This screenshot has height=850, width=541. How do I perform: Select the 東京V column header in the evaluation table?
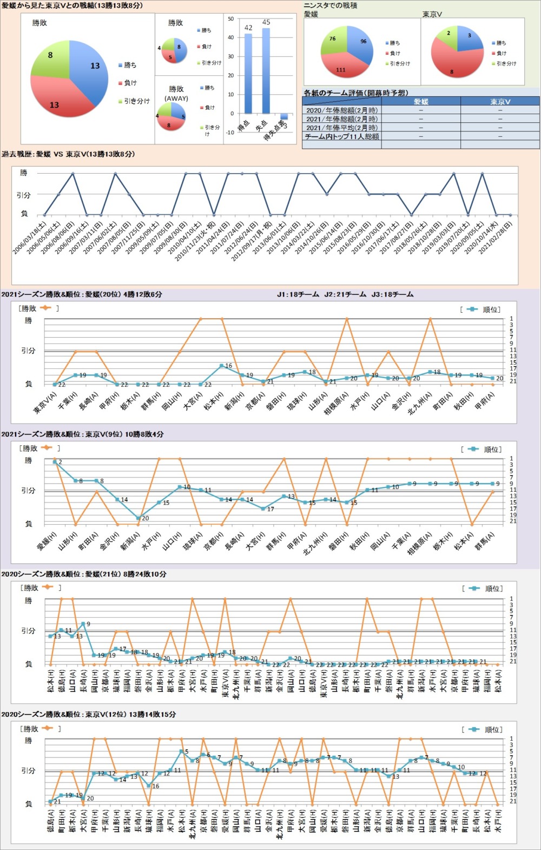[x=500, y=102]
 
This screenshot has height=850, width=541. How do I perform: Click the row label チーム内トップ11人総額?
[x=342, y=137]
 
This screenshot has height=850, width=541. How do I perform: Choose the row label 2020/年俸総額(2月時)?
[x=342, y=110]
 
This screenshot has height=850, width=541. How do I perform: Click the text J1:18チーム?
[x=298, y=295]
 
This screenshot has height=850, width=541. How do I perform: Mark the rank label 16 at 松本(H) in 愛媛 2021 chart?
[x=228, y=366]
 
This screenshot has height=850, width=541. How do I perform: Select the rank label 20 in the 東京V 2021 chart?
[x=145, y=518]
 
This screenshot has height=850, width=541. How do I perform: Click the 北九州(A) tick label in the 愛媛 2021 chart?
[x=420, y=403]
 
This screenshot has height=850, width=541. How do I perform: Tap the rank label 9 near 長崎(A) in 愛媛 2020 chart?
[x=88, y=624]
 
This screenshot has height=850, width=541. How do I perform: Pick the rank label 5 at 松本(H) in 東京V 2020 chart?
[x=187, y=752]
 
